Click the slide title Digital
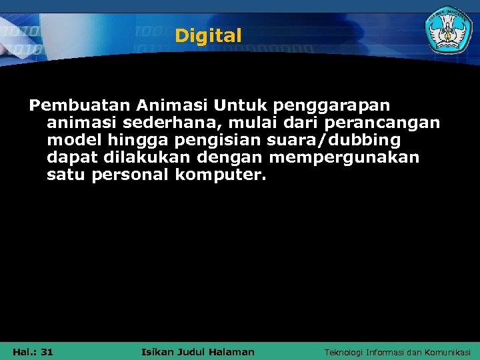[x=208, y=36]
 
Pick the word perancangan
[x=382, y=123]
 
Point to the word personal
[x=131, y=175]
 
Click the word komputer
[x=221, y=175]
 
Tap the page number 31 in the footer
[x=46, y=351]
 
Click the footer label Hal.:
[x=24, y=351]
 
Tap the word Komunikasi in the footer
[x=447, y=352]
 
